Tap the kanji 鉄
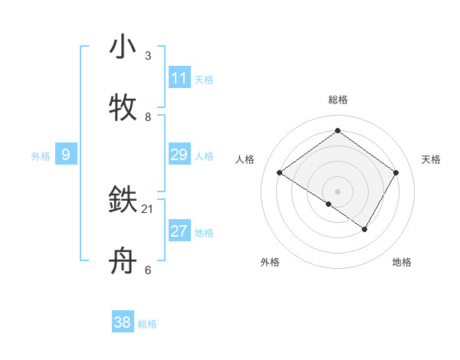[123, 201]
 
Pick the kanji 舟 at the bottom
[123, 262]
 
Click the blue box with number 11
[179, 78]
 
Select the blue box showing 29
[179, 155]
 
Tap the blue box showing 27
[179, 231]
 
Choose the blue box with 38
[123, 322]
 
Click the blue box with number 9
[66, 155]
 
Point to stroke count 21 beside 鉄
[148, 208]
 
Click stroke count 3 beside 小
[148, 56]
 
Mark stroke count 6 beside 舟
[148, 270]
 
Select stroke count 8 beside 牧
[148, 116]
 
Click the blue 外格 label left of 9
[41, 155]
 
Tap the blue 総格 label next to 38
[147, 323]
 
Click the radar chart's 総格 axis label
[338, 100]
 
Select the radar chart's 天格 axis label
[431, 159]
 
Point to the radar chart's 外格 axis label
[270, 262]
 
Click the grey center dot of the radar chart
[337, 191]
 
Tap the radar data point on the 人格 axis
[280, 173]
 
